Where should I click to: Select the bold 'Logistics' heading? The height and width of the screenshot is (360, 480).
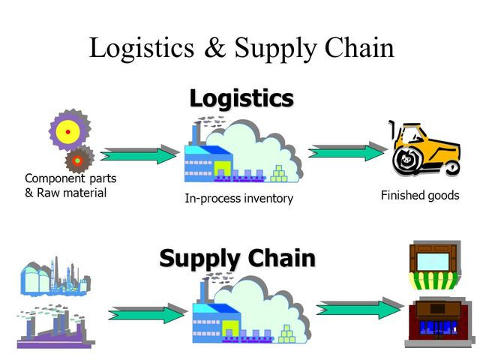pyautogui.click(x=241, y=98)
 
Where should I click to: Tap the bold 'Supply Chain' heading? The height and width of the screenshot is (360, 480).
pyautogui.click(x=237, y=259)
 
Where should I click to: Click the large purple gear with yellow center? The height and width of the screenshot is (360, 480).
pyautogui.click(x=67, y=131)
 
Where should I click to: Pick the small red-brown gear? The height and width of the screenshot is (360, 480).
pyautogui.click(x=78, y=159)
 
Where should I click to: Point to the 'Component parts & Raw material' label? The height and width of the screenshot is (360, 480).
pyautogui.click(x=70, y=185)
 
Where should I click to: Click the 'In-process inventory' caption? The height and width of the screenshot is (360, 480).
pyautogui.click(x=238, y=199)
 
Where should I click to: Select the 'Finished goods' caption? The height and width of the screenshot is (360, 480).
pyautogui.click(x=419, y=196)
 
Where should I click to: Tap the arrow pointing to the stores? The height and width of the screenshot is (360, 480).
pyautogui.click(x=359, y=308)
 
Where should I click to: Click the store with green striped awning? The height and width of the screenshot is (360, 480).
pyautogui.click(x=433, y=265)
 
